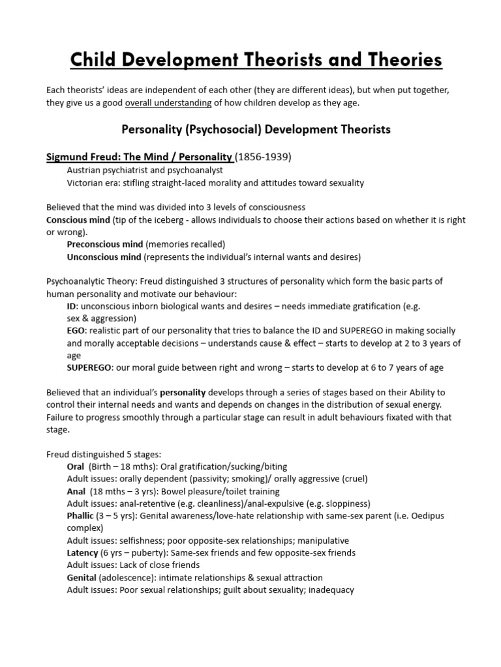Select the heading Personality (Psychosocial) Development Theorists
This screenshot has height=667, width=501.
pos(256,130)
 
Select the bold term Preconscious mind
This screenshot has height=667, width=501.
pos(104,244)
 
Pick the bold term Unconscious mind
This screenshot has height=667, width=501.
pos(104,257)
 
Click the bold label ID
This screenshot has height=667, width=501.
pos(72,306)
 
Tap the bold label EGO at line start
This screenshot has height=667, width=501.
pos(76,331)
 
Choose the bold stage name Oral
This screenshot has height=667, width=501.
pos(76,466)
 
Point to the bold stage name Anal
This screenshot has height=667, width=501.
pos(76,491)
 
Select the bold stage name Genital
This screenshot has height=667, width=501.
pos(82,578)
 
